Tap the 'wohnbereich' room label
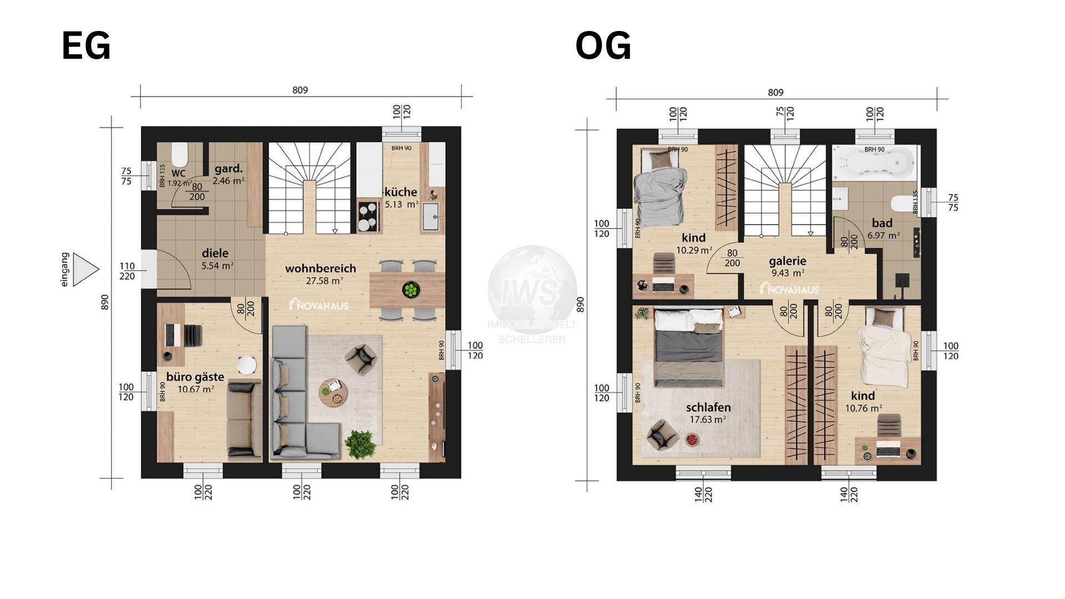click(320, 268)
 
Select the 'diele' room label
click(215, 253)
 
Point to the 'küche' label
click(400, 192)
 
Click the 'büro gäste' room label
click(195, 377)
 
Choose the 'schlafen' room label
click(708, 407)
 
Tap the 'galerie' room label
click(787, 261)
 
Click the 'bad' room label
click(882, 223)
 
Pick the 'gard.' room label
click(226, 169)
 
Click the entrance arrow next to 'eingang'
click(85, 270)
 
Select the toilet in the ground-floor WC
click(179, 155)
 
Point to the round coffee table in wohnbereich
click(333, 392)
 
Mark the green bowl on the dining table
click(411, 290)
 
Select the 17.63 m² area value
click(708, 420)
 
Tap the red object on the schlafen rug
click(691, 440)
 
